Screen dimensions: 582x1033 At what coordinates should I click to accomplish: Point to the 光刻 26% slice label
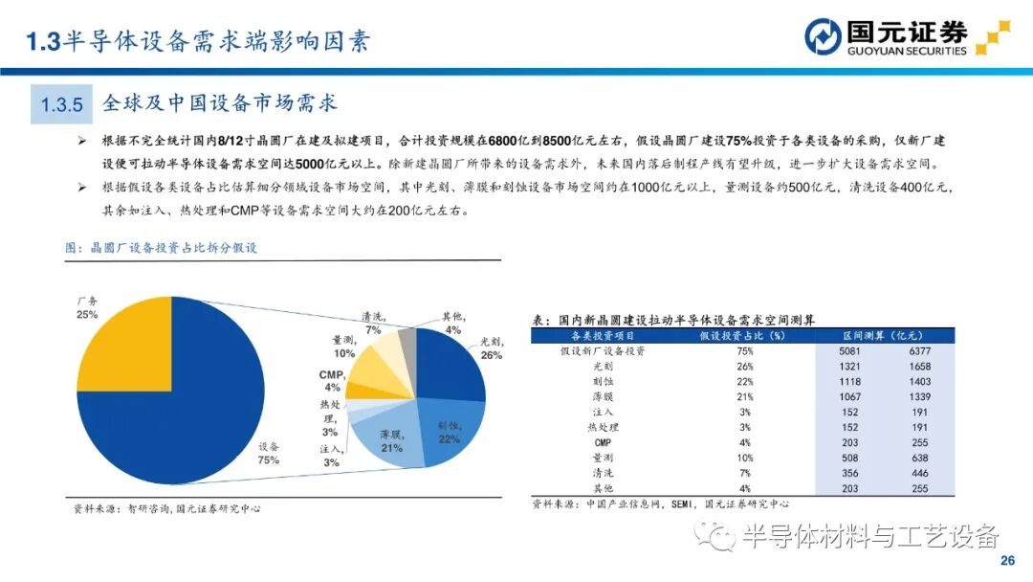pos(490,347)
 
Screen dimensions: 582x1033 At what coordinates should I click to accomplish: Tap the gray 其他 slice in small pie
pos(407,346)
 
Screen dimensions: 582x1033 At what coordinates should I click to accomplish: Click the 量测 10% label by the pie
pos(343,347)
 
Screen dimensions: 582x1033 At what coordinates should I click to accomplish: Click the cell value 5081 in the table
pos(849,351)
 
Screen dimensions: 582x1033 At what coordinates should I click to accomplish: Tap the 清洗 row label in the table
pos(603,473)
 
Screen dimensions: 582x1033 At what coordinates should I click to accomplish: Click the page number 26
pos(1006,561)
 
